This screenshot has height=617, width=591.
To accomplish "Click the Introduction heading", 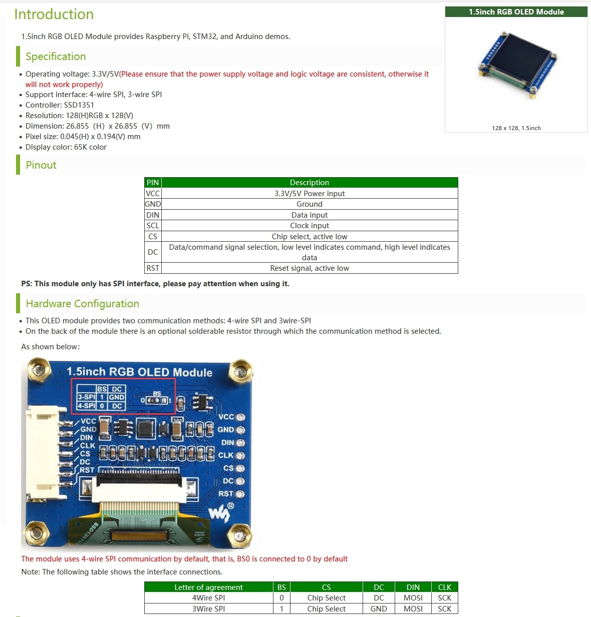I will pos(54,15).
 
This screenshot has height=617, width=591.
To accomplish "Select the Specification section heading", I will pos(56,57).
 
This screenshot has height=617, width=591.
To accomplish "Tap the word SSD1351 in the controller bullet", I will pos(79,105).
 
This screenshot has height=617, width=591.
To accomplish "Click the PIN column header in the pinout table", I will pos(153,183).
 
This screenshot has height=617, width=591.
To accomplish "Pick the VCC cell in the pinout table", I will pos(153,194).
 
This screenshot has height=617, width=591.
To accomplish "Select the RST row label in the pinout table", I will pos(153,268).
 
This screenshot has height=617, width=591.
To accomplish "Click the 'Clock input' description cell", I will pos(309,226).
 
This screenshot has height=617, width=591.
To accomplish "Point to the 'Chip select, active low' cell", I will pos(309,237).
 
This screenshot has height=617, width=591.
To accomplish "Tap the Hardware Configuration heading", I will pos(82,304).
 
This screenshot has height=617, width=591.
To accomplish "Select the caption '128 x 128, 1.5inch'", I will pos(516,128).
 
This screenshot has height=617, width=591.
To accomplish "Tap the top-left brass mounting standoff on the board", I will pos(39,370).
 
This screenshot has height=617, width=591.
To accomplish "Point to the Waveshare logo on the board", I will pos(221,512).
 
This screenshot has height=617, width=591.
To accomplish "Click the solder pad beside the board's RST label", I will pos(240,494).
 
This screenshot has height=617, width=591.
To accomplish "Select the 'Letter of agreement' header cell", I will pos(208,587).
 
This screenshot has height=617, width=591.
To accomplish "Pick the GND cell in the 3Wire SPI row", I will pos(379,609).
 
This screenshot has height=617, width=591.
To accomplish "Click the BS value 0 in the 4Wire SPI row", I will pos(281,598).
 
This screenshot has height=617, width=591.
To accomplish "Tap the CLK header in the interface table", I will pos(444,587).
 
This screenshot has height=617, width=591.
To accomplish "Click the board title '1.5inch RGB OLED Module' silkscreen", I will pos(139,372).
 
